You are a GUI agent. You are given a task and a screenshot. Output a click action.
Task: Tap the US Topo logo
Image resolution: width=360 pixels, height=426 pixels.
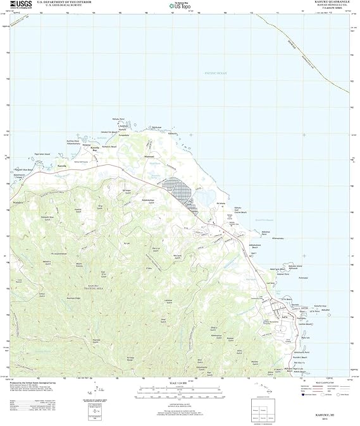point(180,6)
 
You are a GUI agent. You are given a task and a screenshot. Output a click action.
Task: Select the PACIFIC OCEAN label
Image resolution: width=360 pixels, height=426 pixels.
point(214,74)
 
